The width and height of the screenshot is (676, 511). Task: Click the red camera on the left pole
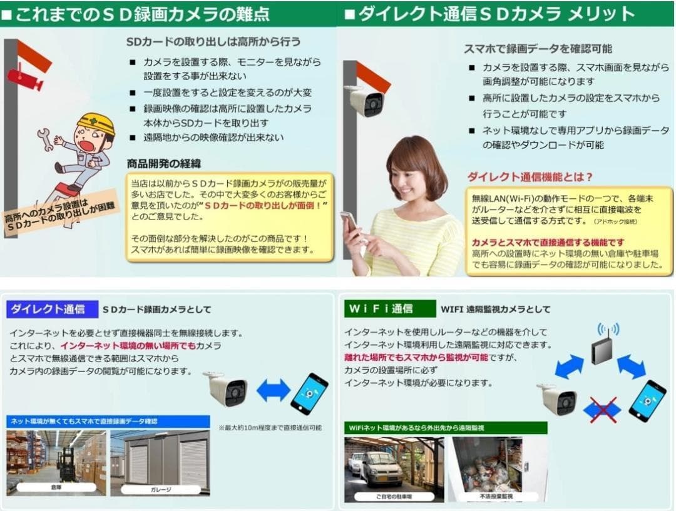(x=24, y=79)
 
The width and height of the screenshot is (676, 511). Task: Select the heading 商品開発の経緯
(x=164, y=163)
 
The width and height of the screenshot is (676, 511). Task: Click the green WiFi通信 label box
(x=389, y=308)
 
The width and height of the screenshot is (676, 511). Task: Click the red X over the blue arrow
(x=601, y=409)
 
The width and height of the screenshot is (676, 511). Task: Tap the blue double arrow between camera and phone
(x=274, y=390)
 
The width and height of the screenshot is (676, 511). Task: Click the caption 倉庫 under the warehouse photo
(x=56, y=487)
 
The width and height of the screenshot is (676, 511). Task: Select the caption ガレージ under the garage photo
(x=160, y=489)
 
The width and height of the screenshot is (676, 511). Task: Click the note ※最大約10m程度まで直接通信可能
(x=270, y=428)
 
